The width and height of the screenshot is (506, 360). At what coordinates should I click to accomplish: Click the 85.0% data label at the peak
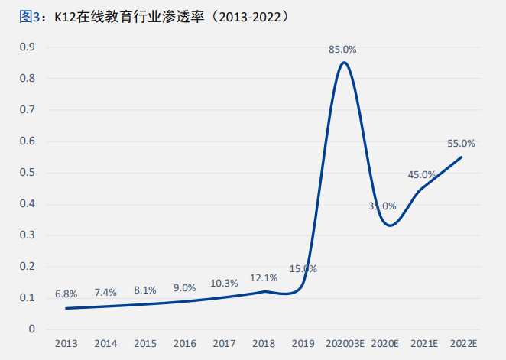coord(342,50)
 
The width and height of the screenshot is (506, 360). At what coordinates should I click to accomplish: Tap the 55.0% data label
coord(462,143)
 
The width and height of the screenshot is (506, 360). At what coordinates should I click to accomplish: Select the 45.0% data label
coord(422,174)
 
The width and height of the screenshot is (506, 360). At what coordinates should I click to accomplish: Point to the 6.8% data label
coord(66,294)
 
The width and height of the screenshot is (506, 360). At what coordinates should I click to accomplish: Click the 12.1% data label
coord(264,277)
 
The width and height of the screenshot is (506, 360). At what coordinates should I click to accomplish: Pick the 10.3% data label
coord(224,283)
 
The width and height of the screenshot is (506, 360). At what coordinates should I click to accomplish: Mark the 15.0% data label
coord(303,269)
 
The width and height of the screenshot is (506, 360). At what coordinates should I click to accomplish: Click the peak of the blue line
coord(344,63)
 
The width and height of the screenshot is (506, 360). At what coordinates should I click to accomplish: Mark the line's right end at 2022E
coord(462,157)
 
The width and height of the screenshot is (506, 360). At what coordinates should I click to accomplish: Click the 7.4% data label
coord(105,292)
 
